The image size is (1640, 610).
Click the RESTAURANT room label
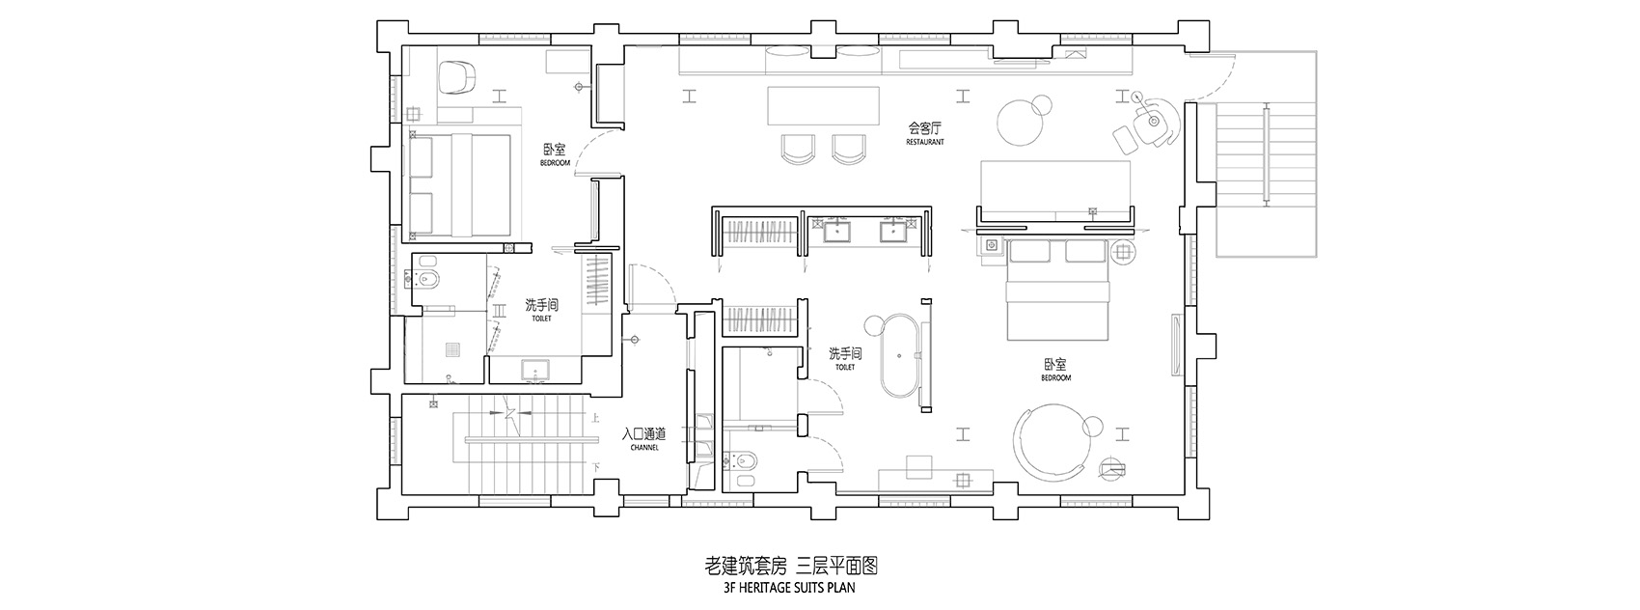tap(924, 142)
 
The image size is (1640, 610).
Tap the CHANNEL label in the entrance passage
tap(643, 448)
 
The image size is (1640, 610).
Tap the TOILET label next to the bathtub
tap(844, 367)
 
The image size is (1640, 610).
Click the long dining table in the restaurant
tap(825, 105)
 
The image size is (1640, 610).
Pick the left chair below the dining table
tap(798, 148)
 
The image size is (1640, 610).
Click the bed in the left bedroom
tap(459, 186)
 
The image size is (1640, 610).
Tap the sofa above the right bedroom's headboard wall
tap(1054, 188)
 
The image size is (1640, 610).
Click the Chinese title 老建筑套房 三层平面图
tap(788, 565)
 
